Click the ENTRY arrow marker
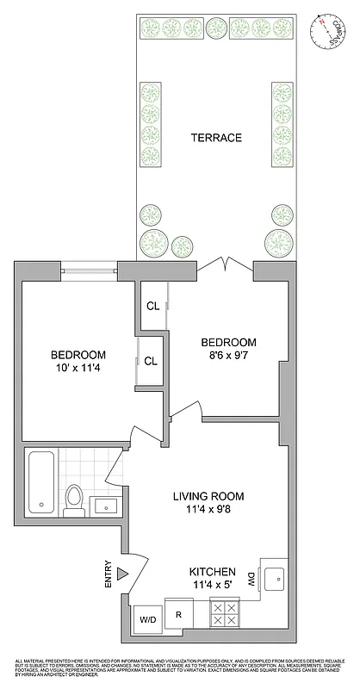(122, 572)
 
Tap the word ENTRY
(109, 574)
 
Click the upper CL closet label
(152, 306)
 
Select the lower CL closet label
(151, 362)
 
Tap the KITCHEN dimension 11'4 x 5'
(213, 586)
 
